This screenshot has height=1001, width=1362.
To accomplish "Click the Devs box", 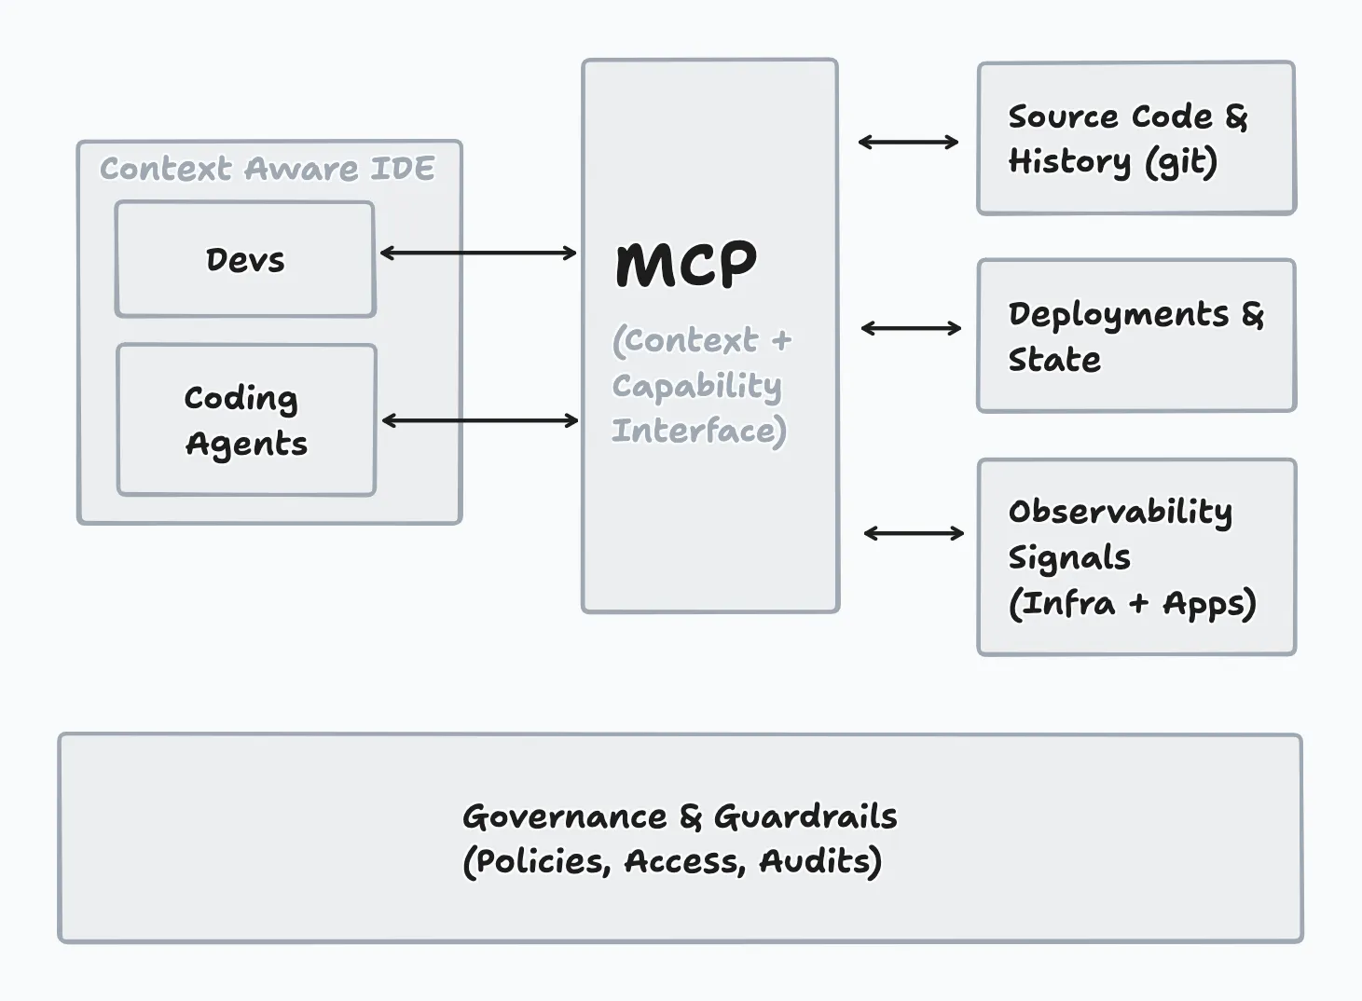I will coord(245,259).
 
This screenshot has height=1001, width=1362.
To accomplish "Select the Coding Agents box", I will coord(246,420).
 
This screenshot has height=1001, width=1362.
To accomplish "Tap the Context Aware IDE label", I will coord(268,169).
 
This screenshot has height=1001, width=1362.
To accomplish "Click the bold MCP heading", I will coord(686,265).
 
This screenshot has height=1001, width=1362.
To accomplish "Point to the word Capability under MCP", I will coord(696,386).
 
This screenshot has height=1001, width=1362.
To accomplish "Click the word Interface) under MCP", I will coord(699,431).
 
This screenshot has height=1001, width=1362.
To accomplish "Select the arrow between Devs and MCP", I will coord(478,253).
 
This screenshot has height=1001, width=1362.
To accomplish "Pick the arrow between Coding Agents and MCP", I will coord(480,421).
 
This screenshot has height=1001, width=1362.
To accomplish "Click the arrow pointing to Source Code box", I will coord(908,142).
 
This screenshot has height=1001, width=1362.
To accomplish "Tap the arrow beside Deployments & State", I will coord(911,328).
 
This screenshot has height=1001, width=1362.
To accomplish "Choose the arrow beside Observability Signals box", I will coord(914,533).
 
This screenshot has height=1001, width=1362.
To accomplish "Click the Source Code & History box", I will coord(1135,138).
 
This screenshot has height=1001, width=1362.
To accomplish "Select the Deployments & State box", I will coord(1135,336).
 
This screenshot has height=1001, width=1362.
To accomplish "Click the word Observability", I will coord(1120,512).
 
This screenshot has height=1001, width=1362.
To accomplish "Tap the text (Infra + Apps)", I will coord(1132,604).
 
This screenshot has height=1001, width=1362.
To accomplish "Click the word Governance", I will coord(565,816).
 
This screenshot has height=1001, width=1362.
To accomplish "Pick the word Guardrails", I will coord(805,816).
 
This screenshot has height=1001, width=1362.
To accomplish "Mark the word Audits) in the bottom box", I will coord(820,861).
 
